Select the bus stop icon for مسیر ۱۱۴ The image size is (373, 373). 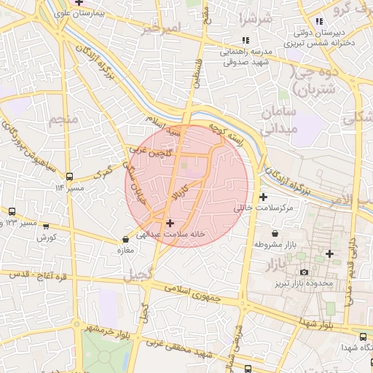click(69, 176)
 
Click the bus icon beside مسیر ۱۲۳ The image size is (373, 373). click(45, 221)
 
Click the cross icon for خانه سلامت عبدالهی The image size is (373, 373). click(170, 223)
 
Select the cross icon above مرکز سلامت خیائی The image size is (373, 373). click(263, 197)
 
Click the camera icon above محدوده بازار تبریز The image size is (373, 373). click(304, 272)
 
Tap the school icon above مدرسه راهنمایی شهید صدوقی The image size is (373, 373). click(246, 41)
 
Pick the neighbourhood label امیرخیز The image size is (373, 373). click(160, 28)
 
